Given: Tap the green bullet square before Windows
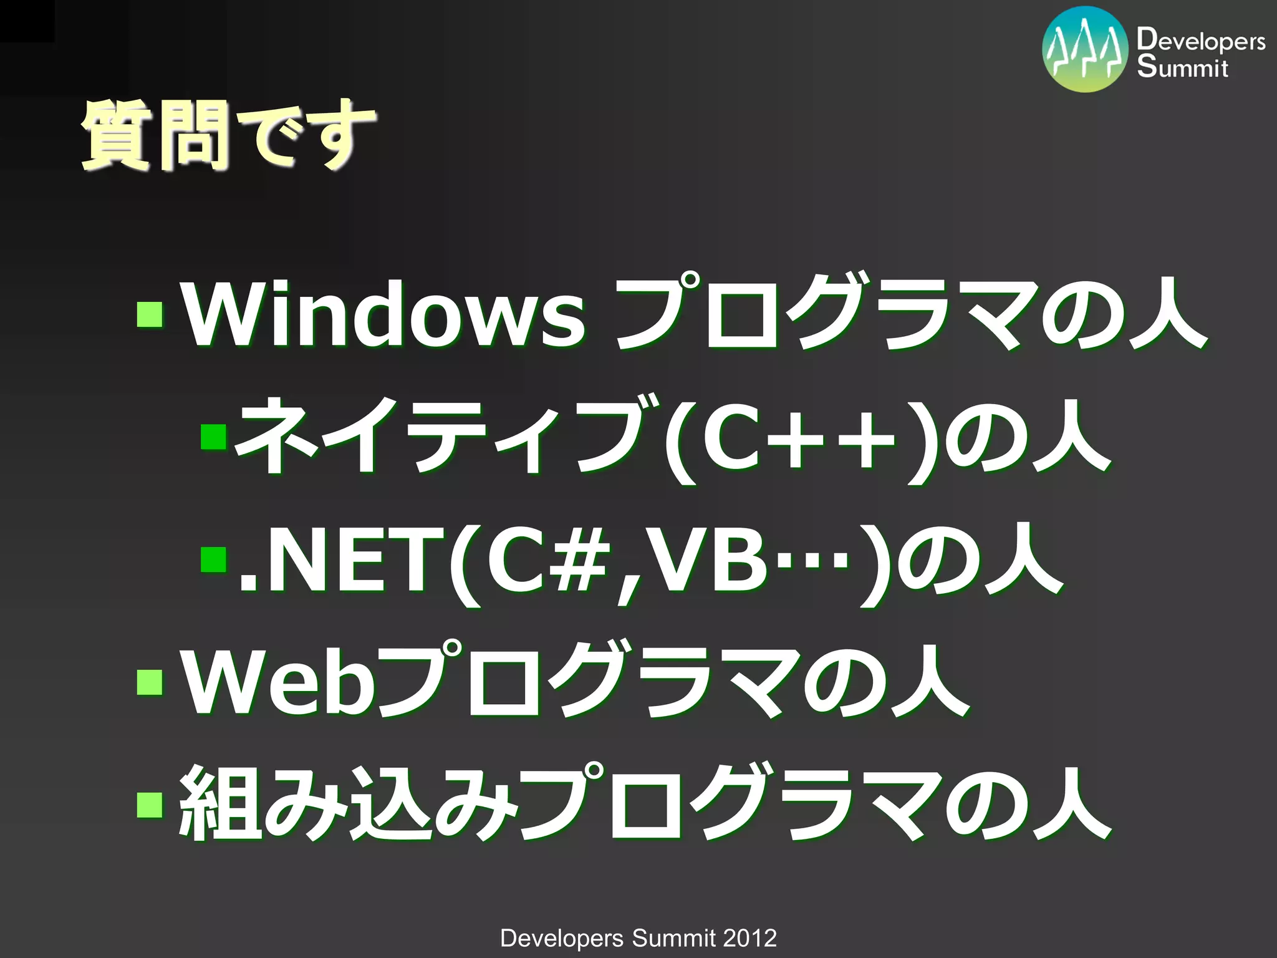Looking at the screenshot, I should [x=150, y=315].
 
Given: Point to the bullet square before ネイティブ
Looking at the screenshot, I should [x=213, y=436].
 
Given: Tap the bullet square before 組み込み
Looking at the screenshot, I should [x=150, y=804].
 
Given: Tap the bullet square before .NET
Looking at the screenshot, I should [x=213, y=559].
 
